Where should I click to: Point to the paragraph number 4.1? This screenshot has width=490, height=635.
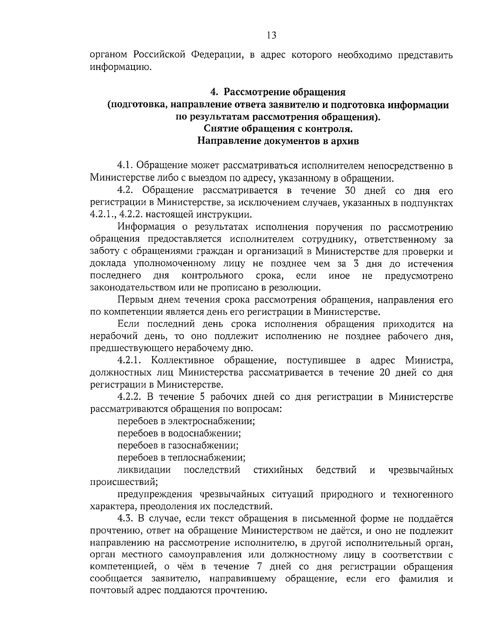click(x=125, y=166)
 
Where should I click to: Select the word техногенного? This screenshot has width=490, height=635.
click(x=422, y=494)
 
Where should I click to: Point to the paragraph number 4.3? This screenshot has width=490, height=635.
click(x=125, y=518)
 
